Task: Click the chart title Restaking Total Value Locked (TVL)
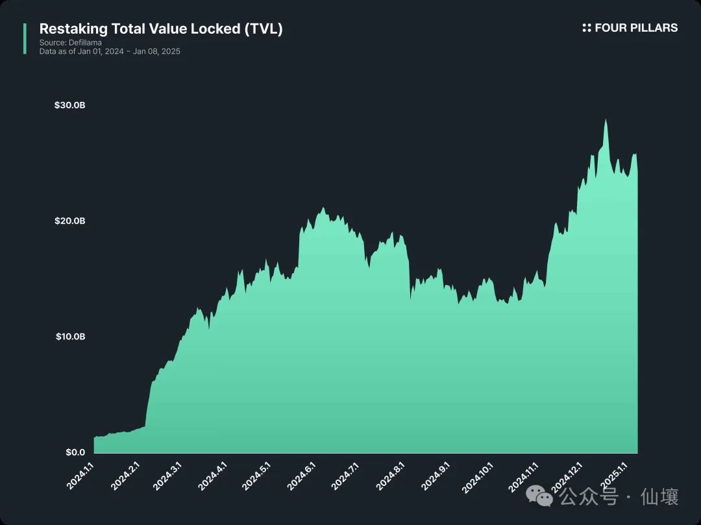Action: click(x=161, y=29)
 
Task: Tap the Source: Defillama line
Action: click(x=71, y=43)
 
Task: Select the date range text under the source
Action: click(x=110, y=51)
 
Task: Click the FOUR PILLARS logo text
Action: click(x=636, y=28)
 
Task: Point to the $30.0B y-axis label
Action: click(x=69, y=105)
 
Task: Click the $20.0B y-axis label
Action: click(x=69, y=221)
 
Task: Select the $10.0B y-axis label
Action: click(x=69, y=337)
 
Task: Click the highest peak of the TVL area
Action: click(x=606, y=121)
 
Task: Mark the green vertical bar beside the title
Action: click(x=25, y=39)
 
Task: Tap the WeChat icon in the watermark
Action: click(x=539, y=497)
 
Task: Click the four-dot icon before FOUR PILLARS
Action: click(x=587, y=28)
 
